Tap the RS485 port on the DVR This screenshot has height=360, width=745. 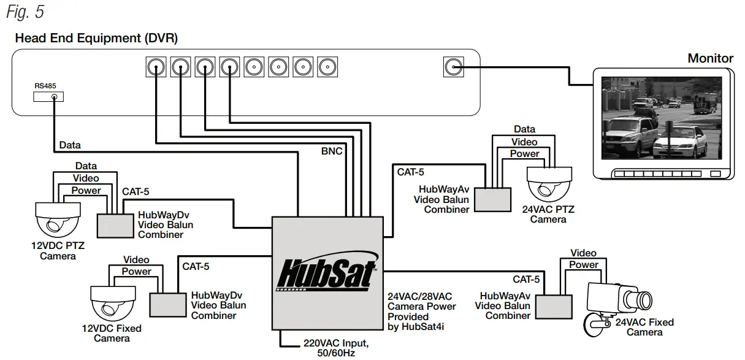tap(55, 97)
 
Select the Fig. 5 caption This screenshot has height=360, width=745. tap(26, 12)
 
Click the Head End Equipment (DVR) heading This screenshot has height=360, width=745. tap(96, 39)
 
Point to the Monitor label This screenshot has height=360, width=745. tap(710, 58)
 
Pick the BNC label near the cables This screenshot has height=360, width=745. tap(332, 151)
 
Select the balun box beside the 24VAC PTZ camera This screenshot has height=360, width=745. tap(494, 197)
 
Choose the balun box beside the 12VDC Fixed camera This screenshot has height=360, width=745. tap(167, 303)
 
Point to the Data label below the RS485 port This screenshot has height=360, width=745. tap(70, 145)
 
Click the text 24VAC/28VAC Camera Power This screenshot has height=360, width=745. tap(421, 301)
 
